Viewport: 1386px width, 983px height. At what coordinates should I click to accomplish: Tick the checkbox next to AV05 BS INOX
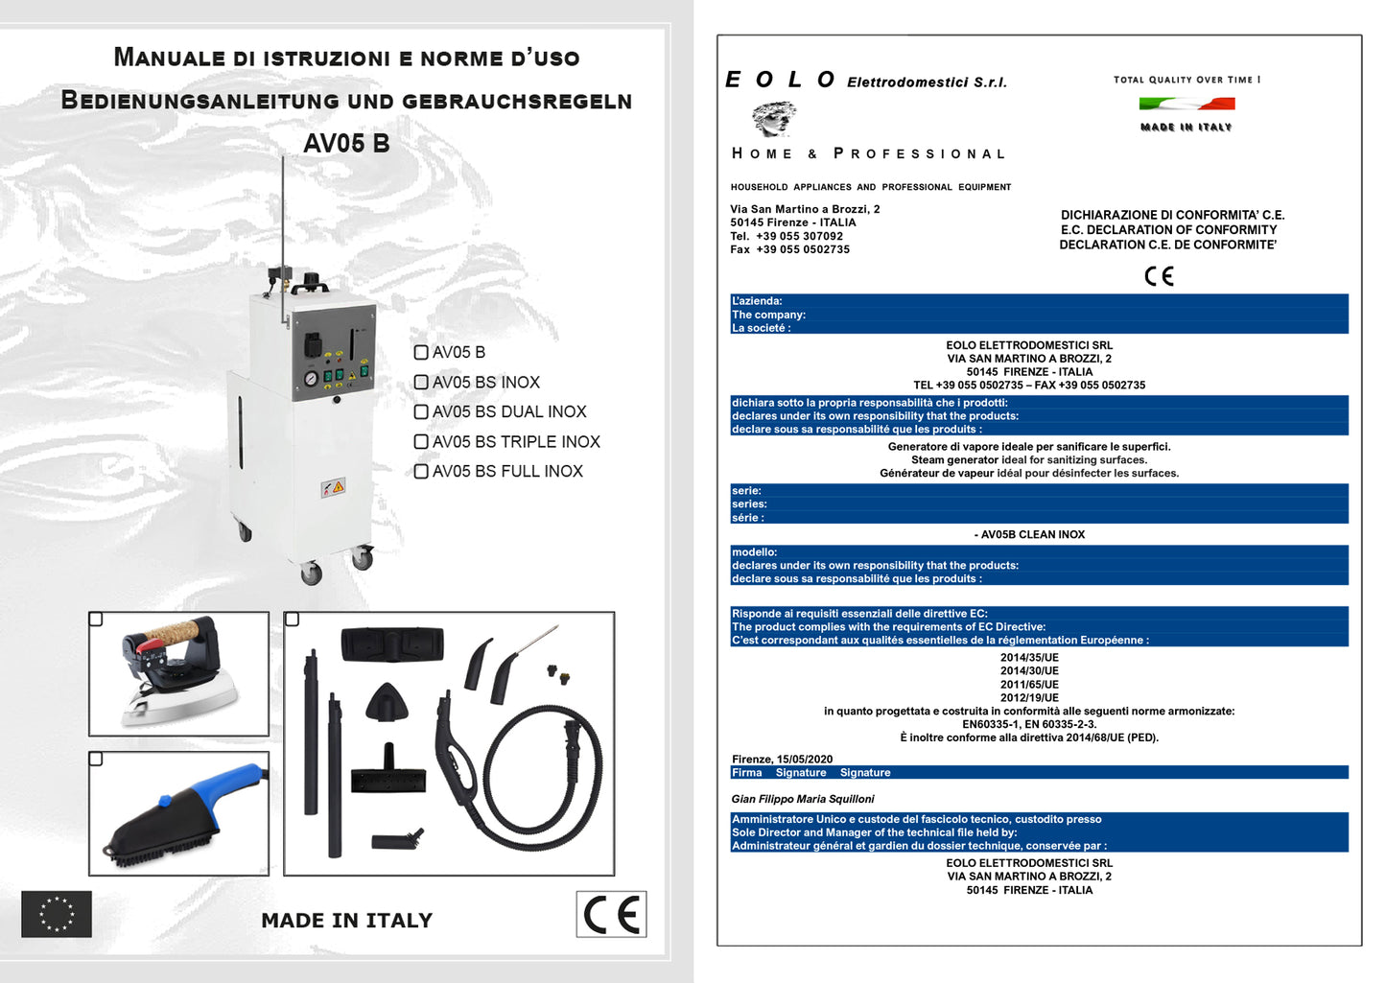(x=421, y=383)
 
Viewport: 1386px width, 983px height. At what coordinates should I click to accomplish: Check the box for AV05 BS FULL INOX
(x=421, y=472)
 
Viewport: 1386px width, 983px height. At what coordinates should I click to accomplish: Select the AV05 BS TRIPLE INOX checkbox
(x=421, y=442)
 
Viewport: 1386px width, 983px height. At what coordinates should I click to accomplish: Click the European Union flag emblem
(x=57, y=914)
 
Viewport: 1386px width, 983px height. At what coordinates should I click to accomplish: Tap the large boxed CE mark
(x=612, y=915)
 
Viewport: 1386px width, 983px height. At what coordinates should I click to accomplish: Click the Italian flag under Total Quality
(x=1186, y=104)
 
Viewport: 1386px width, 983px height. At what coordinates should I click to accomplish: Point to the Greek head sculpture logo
(x=773, y=119)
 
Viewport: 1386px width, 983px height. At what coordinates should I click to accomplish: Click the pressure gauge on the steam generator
(x=311, y=379)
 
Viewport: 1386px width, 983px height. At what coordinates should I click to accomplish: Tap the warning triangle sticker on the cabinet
(x=333, y=487)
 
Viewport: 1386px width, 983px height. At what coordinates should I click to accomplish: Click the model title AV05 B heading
(x=346, y=144)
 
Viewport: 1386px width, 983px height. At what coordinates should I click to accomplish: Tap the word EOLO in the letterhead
(x=780, y=81)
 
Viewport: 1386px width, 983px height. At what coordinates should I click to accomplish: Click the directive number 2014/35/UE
(x=1029, y=658)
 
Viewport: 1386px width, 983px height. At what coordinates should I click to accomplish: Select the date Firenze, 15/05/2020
(x=782, y=759)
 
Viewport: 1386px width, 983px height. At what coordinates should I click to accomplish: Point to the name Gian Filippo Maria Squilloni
(x=803, y=799)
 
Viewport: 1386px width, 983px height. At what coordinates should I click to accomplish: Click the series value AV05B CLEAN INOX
(x=1031, y=535)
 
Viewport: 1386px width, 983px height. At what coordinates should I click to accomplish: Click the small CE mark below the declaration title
(x=1159, y=276)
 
